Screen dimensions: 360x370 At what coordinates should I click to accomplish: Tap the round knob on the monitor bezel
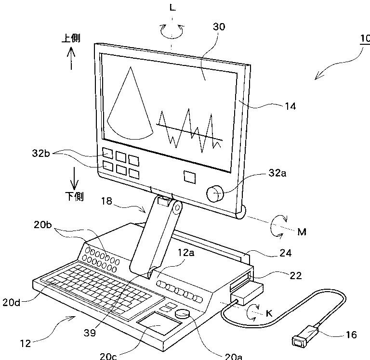pyautogui.click(x=215, y=194)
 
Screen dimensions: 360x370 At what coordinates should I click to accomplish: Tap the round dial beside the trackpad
pyautogui.click(x=182, y=314)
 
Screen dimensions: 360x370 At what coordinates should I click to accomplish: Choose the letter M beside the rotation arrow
pyautogui.click(x=302, y=232)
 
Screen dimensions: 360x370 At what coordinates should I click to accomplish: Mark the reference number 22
pyautogui.click(x=295, y=275)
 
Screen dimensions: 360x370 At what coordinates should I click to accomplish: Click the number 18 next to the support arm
pyautogui.click(x=108, y=202)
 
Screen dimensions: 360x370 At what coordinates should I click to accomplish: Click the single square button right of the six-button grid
pyautogui.click(x=190, y=176)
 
